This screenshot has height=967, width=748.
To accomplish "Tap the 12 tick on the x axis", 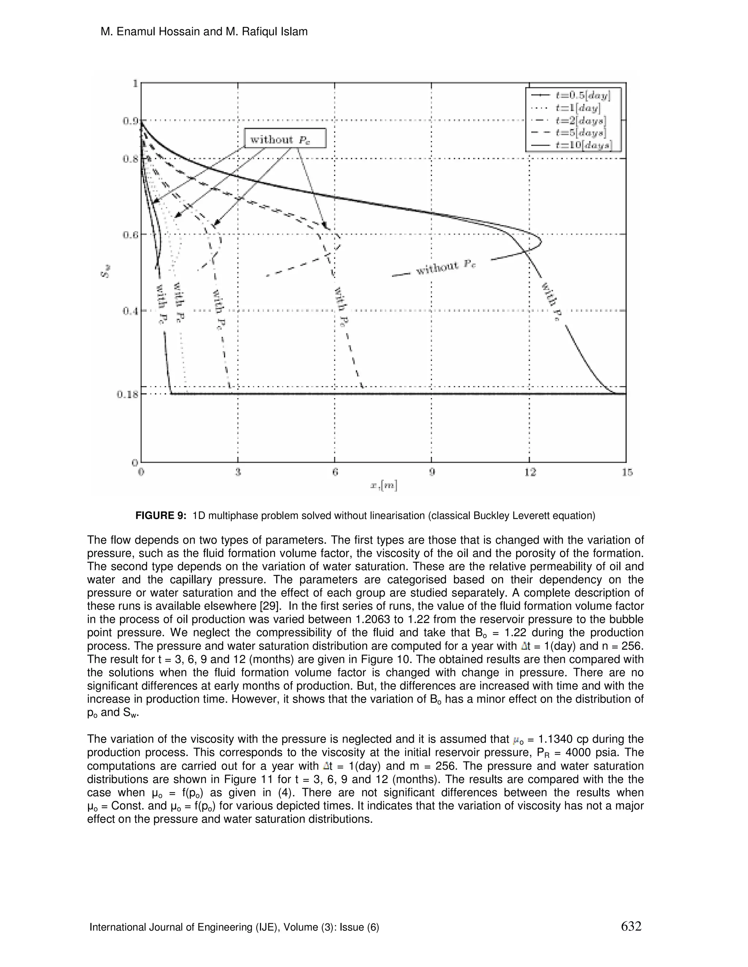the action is pyautogui.click(x=530, y=473).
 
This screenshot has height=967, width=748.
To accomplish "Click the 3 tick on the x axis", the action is pyautogui.click(x=238, y=473).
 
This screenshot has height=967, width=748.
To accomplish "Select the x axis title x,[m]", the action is pyautogui.click(x=384, y=486).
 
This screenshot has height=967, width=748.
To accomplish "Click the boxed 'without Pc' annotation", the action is pyautogui.click(x=285, y=139).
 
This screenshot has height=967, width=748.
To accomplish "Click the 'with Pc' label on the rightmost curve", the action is pyautogui.click(x=552, y=304).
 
